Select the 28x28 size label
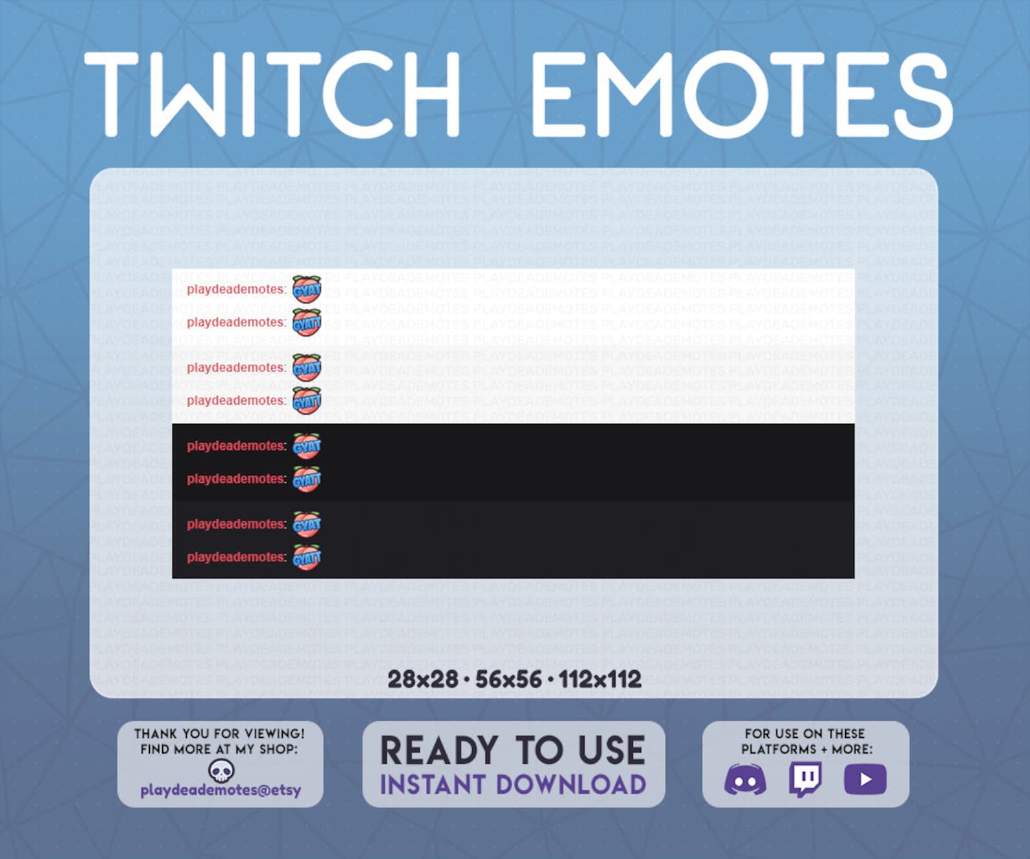(x=423, y=679)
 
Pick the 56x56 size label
(x=508, y=679)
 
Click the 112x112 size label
(x=600, y=679)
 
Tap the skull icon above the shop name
(x=221, y=770)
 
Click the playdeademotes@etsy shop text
(x=221, y=790)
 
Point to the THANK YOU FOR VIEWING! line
(x=219, y=734)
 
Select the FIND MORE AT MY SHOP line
(x=219, y=749)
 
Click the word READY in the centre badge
(x=439, y=750)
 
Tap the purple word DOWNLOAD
(x=571, y=784)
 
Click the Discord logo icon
(x=745, y=779)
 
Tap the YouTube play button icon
(x=865, y=779)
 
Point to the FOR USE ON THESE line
(x=805, y=734)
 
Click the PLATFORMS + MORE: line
(x=807, y=749)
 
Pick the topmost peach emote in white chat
(x=307, y=289)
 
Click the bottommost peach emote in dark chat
(x=307, y=557)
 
